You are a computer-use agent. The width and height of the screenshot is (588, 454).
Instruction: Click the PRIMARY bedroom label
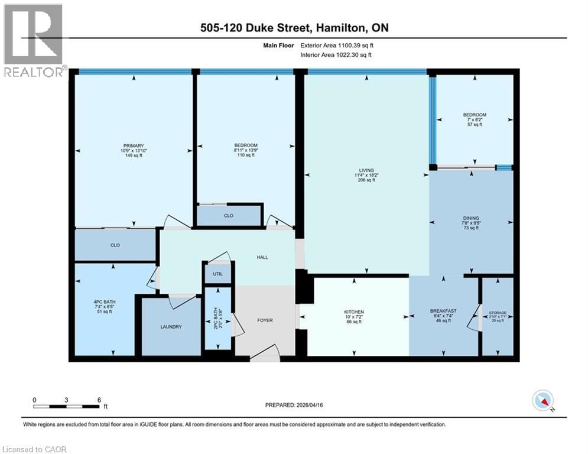coord(134,145)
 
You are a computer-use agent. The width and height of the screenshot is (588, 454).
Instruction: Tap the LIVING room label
coord(366,170)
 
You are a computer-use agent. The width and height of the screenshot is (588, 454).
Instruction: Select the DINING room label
coord(471,218)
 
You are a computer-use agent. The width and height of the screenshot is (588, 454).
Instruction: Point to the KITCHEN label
coord(354,312)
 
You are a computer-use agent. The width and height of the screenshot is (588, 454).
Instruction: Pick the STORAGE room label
coord(498,313)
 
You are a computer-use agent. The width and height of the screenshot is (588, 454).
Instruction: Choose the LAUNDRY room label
coord(171,326)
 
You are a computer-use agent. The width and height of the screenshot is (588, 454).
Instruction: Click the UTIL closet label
coord(213,274)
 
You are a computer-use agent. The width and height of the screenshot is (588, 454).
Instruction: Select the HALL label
coord(262,257)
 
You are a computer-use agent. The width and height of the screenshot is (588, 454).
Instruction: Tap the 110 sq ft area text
coord(245,155)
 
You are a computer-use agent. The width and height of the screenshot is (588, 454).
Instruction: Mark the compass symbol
coord(542,400)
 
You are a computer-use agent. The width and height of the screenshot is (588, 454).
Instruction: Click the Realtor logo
coord(33,41)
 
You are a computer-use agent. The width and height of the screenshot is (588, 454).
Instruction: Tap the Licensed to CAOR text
coord(34,449)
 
